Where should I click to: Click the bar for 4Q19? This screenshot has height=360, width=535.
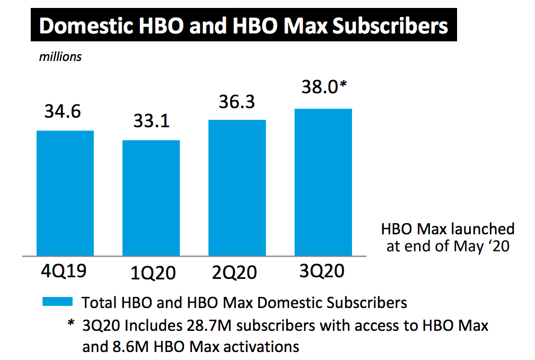pos(65,194)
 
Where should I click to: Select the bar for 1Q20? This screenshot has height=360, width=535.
pos(151,198)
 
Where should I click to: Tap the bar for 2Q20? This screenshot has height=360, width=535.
pos(237,188)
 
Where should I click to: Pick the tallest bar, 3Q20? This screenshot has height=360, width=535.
pos(323,182)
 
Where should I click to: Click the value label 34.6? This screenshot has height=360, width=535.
pos(63,112)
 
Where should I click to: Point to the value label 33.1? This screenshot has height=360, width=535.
pos(151,121)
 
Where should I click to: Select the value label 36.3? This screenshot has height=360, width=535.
pos(237,101)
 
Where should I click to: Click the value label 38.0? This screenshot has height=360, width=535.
pos(318,87)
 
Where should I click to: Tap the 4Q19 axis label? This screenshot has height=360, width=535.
pos(64,270)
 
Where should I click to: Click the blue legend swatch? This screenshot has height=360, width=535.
pos(57,301)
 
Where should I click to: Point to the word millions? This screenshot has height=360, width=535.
pos(60,56)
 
